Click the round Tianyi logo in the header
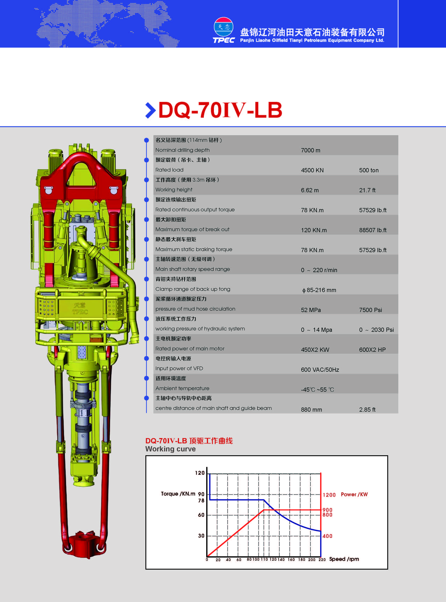pos(224,27)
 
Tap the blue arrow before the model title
pos(150,110)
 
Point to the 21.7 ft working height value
pos(367,190)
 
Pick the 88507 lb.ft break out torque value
pos(373,230)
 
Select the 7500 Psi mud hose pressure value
pos(370,310)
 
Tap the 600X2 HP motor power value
pos(372,350)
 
